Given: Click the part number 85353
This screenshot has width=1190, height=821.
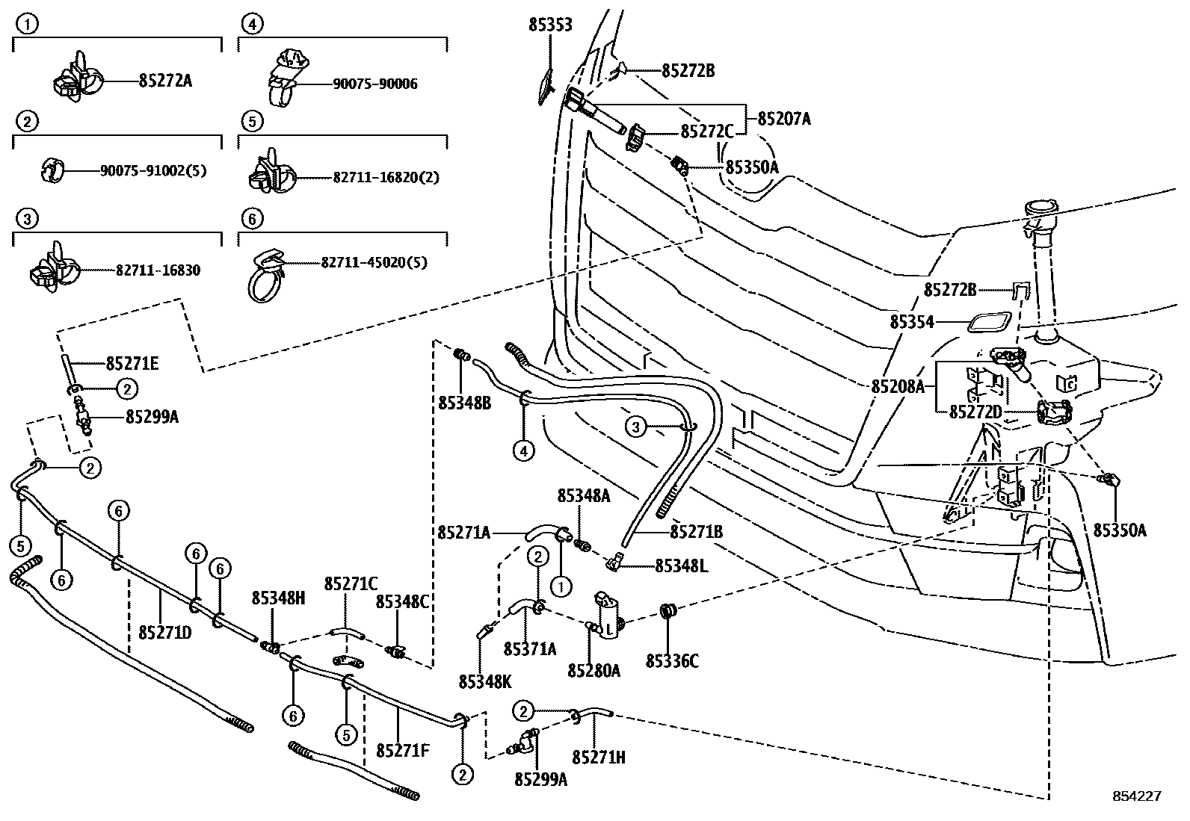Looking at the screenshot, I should tap(550, 25).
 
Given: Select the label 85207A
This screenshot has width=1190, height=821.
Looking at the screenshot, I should tap(784, 119).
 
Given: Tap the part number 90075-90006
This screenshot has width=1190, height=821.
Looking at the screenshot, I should tap(375, 84).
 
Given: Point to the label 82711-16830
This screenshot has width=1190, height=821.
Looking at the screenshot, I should tap(158, 270).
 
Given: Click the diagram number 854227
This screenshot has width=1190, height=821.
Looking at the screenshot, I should tap(1136, 796).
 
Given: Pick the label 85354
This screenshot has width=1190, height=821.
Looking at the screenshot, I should tap(912, 322).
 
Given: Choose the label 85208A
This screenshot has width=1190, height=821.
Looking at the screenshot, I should tap(898, 386).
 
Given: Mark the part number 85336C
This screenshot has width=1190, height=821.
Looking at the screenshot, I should tap(672, 661).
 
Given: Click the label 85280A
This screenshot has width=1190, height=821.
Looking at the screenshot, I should tap(594, 671).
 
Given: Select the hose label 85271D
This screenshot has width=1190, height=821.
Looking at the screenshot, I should tap(165, 633).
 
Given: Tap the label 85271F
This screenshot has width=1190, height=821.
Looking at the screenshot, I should tap(403, 750).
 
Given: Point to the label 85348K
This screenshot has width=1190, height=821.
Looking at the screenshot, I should tap(485, 681).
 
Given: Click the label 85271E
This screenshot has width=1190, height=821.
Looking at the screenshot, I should tap(132, 364).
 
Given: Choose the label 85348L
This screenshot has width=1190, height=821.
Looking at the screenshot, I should tap(681, 566).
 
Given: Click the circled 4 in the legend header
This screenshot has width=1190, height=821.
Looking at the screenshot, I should tap(251, 25).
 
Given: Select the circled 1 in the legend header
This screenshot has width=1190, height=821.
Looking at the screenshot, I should tap(27, 25).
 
